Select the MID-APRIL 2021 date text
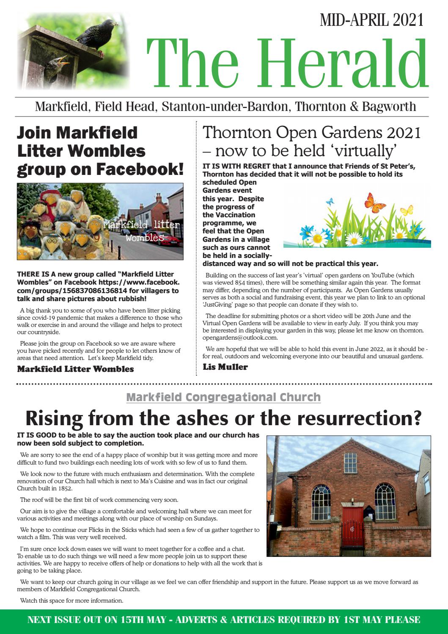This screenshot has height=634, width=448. click(372, 20)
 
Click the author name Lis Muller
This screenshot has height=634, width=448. click(225, 367)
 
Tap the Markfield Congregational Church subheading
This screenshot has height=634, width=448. click(223, 397)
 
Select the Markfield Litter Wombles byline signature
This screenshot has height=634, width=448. click(75, 369)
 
